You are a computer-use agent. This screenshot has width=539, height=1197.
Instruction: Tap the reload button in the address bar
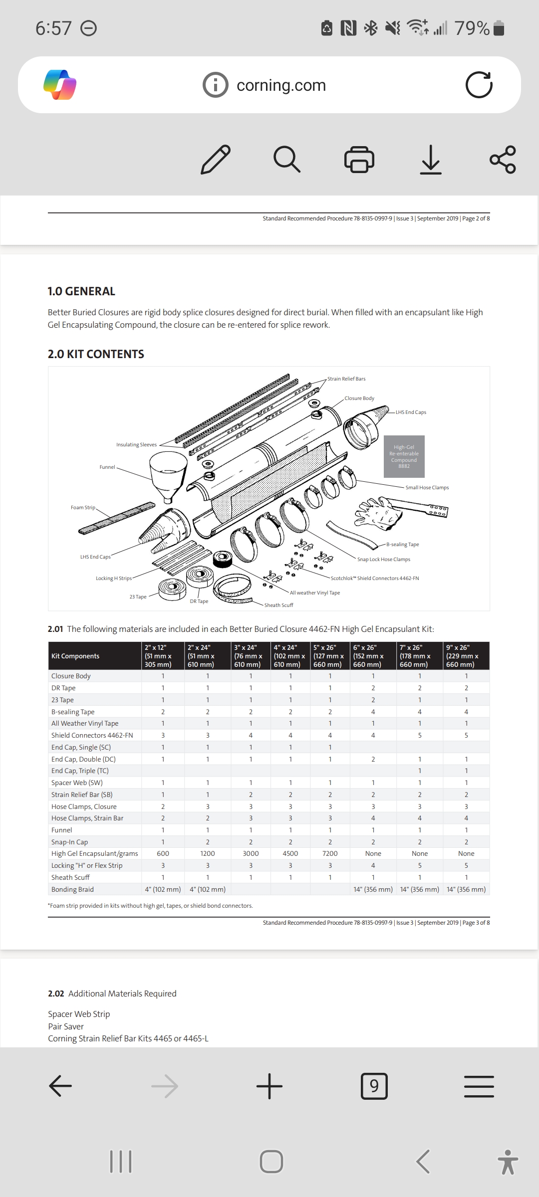pyautogui.click(x=479, y=85)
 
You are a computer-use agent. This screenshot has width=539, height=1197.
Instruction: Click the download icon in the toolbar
pyautogui.click(x=430, y=159)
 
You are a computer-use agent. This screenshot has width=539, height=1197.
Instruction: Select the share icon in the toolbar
pyautogui.click(x=503, y=159)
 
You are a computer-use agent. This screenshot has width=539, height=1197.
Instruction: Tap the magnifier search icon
pyautogui.click(x=287, y=159)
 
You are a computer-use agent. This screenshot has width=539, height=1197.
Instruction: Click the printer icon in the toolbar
pyautogui.click(x=359, y=159)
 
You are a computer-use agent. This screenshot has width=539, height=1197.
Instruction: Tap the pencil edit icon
pyautogui.click(x=216, y=159)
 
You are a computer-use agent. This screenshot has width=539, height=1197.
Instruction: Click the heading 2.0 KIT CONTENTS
pyautogui.click(x=96, y=354)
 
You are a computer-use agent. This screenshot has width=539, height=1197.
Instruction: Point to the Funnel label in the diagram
pyautogui.click(x=107, y=467)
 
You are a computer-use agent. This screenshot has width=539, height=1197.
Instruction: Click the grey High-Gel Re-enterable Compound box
pyautogui.click(x=404, y=456)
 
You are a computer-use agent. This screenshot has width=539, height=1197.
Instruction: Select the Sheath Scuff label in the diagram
pyautogui.click(x=279, y=605)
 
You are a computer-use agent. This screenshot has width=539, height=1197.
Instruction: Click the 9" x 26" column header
pyautogui.click(x=466, y=656)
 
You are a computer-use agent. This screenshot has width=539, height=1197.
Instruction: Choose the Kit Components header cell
pyautogui.click(x=75, y=656)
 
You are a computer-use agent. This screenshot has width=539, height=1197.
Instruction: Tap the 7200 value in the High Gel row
pyautogui.click(x=330, y=853)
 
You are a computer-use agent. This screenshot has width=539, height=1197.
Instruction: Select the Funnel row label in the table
pyautogui.click(x=62, y=830)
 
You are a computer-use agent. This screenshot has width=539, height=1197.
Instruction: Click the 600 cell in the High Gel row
pyautogui.click(x=163, y=853)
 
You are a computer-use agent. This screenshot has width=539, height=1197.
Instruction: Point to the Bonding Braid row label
pyautogui.click(x=72, y=889)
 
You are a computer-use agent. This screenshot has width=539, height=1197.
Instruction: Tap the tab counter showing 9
pyautogui.click(x=374, y=1086)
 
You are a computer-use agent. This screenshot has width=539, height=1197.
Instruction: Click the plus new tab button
pyautogui.click(x=269, y=1086)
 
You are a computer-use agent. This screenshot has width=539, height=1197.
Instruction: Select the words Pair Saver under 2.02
pyautogui.click(x=66, y=1026)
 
